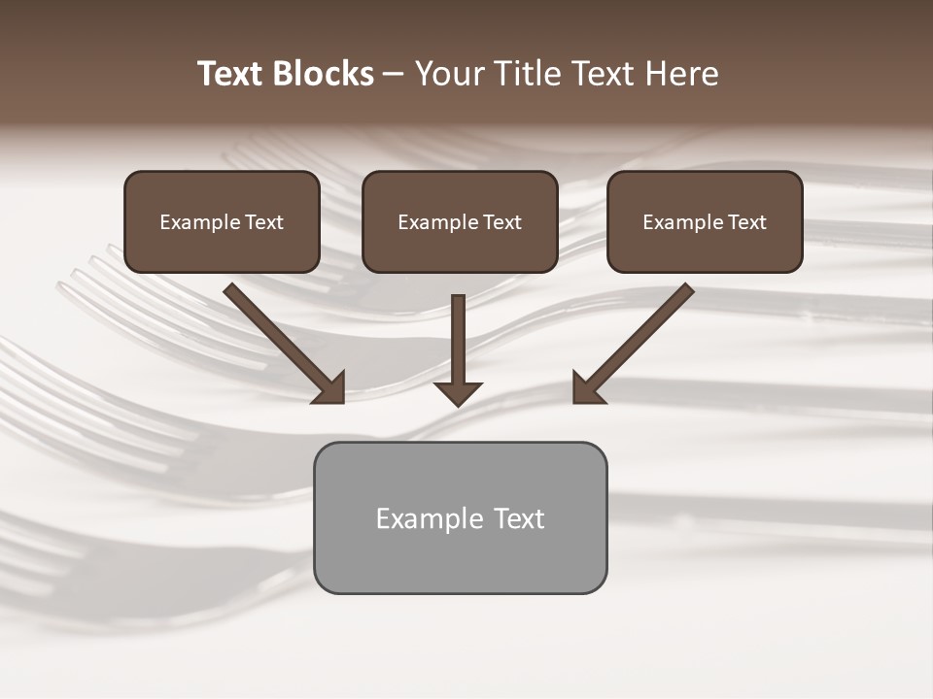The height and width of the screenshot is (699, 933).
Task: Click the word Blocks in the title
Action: click(325, 74)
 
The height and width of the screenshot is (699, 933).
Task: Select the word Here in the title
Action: click(680, 74)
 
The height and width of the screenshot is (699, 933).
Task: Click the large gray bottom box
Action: click(460, 558)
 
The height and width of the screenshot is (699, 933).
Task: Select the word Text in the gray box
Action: click(519, 518)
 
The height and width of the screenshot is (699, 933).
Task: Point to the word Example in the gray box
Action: click(430, 518)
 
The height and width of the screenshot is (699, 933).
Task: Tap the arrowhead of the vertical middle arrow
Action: click(458, 393)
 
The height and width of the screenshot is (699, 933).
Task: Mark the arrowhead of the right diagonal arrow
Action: click(587, 388)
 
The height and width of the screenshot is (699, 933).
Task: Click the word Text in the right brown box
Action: click(747, 222)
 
